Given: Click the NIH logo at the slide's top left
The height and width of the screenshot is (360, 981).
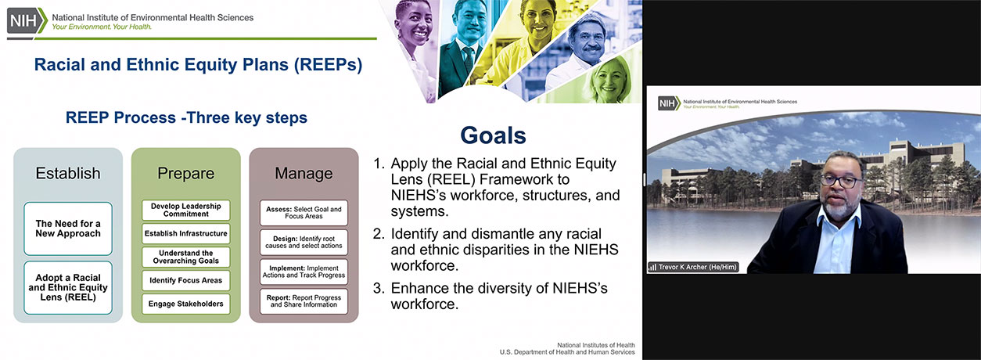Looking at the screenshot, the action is tap(27, 20).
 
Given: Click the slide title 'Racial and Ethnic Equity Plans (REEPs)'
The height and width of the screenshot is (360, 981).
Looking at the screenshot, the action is tap(198, 65).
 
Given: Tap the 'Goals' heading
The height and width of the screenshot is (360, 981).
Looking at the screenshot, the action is tap(493, 135).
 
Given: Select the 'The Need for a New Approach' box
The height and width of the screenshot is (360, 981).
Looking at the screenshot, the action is tap(68, 229).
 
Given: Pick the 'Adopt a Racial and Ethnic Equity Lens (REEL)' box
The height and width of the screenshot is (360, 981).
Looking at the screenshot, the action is tap(68, 287).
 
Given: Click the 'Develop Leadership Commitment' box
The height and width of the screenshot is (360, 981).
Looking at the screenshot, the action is tap(185, 211).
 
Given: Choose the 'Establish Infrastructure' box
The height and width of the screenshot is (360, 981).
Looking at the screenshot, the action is tap(185, 233).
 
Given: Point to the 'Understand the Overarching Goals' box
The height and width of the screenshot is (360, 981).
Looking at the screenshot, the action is tap(185, 257).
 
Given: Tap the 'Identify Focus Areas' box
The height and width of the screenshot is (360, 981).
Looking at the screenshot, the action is tap(185, 280).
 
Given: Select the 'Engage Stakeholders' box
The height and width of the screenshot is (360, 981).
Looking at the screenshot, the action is tap(185, 304).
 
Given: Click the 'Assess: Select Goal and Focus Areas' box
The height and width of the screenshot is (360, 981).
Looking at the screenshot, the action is tap(304, 213).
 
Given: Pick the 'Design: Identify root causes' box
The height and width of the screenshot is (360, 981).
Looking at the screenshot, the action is tap(304, 242).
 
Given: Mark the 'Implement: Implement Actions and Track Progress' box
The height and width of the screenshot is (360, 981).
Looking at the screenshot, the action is tap(304, 272).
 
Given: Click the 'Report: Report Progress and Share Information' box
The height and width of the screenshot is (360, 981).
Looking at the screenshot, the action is tap(304, 301).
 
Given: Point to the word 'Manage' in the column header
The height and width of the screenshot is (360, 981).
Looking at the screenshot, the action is tap(304, 174).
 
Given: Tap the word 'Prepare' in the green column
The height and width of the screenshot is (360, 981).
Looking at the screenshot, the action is tap(185, 174).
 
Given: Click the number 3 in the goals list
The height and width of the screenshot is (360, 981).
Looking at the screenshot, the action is tap(378, 288).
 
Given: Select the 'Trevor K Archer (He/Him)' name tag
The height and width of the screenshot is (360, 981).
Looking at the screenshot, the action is tap(693, 267).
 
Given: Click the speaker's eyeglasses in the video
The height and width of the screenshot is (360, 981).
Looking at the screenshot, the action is tap(840, 181).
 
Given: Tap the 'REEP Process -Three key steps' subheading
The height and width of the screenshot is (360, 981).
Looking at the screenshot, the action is tap(186, 118).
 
